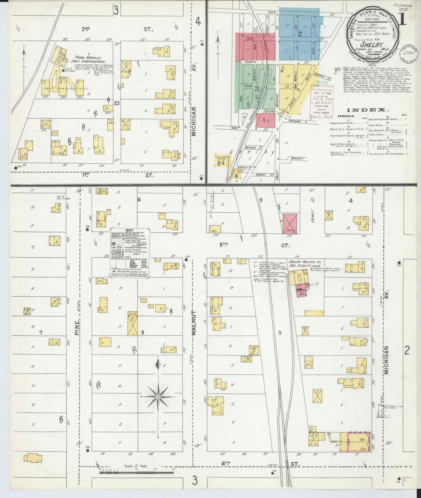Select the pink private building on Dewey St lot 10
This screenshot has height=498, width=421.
(x=290, y=224)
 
